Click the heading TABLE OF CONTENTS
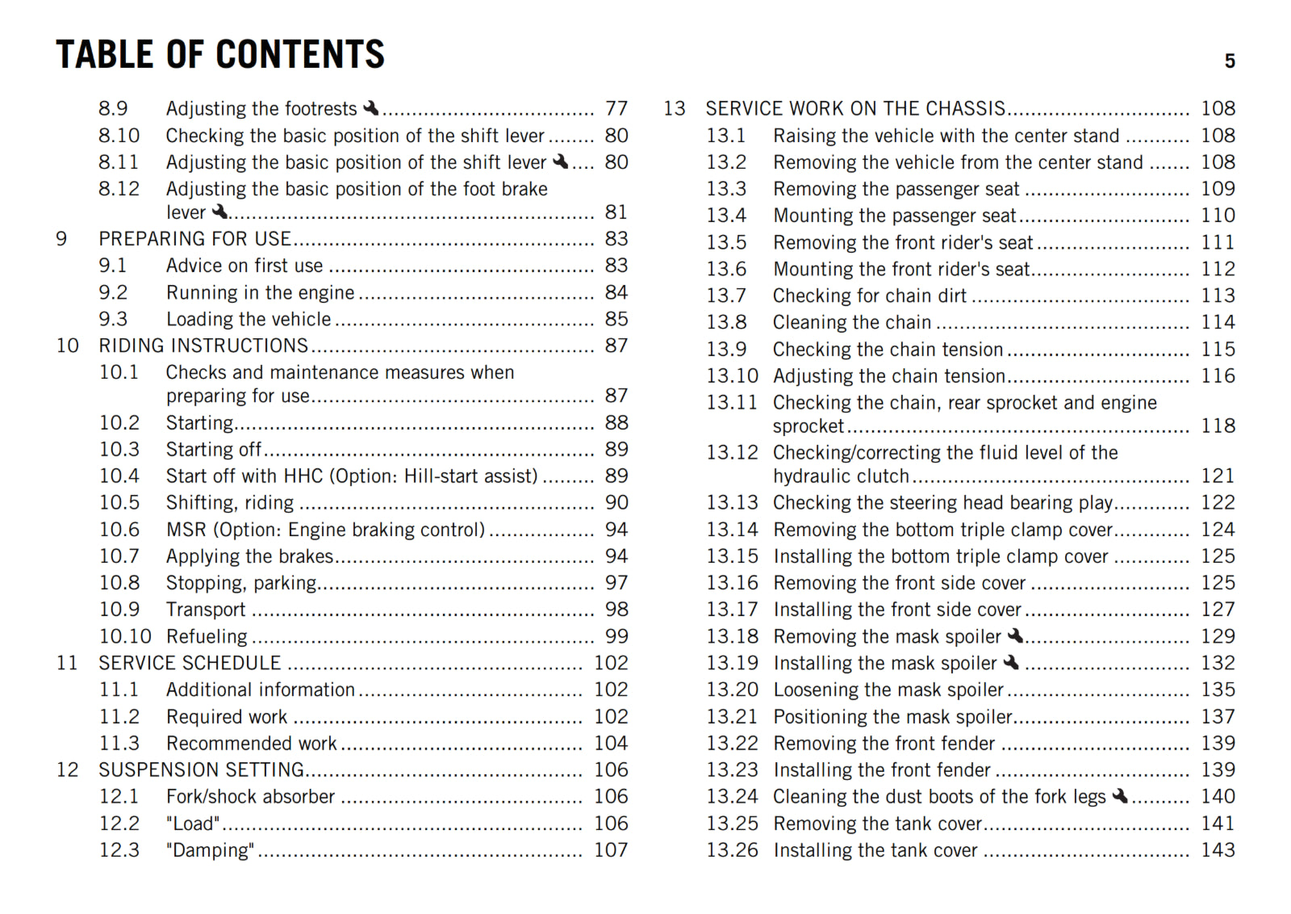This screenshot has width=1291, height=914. click(x=220, y=55)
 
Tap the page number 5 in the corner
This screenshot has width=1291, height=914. click(x=1230, y=61)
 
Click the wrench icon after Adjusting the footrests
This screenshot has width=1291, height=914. click(x=371, y=107)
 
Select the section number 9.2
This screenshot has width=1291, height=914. click(x=113, y=292)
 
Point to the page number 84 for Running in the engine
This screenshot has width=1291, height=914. click(x=616, y=292)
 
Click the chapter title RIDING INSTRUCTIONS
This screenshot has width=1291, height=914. click(x=203, y=346)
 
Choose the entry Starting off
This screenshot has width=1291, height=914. click(x=214, y=450)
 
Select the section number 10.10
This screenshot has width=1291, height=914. click(x=125, y=636)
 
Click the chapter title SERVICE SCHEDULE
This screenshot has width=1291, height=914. click(x=190, y=663)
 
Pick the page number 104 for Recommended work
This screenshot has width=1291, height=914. click(x=611, y=743)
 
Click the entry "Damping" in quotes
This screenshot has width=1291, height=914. click(x=210, y=850)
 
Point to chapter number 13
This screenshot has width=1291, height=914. click(x=675, y=108)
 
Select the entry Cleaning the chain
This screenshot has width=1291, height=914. click(x=852, y=322)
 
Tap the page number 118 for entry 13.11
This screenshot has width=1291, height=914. click(x=1218, y=426)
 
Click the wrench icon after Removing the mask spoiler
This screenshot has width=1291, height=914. click(x=1016, y=635)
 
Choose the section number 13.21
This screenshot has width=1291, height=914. click(x=733, y=716)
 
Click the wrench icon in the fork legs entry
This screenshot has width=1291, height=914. click(x=1120, y=796)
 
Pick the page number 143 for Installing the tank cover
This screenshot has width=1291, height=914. click(x=1218, y=850)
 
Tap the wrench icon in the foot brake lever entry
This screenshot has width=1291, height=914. click(x=219, y=212)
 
